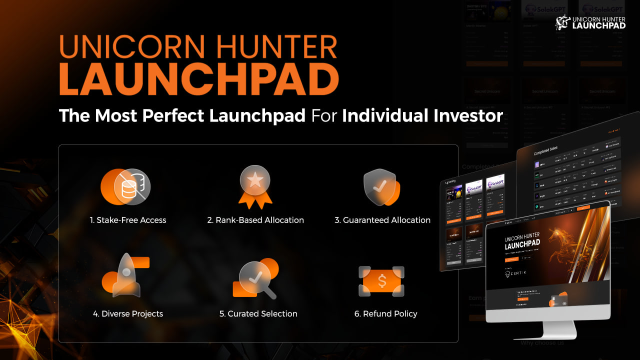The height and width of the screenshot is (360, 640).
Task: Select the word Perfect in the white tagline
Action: pyautogui.click(x=173, y=116)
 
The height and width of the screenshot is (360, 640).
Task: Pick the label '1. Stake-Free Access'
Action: pyautogui.click(x=128, y=220)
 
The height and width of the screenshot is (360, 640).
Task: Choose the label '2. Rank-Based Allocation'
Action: pyautogui.click(x=255, y=220)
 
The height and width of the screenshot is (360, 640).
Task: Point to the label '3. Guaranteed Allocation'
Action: pyautogui.click(x=382, y=220)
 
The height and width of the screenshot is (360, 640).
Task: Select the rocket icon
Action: pyautogui.click(x=125, y=276)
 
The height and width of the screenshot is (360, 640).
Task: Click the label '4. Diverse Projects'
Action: pyautogui.click(x=128, y=314)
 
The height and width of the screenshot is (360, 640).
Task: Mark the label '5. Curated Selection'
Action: pyautogui.click(x=258, y=314)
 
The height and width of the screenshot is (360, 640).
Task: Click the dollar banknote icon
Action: pyautogui.click(x=382, y=281)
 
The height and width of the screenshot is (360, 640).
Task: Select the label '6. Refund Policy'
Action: pyautogui.click(x=385, y=314)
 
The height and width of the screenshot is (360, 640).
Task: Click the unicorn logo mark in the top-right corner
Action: pyautogui.click(x=562, y=22)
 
